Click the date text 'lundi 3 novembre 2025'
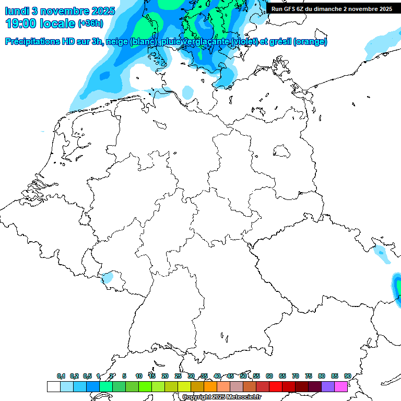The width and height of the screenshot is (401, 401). click(60, 10)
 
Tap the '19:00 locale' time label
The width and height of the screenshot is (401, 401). click(41, 23)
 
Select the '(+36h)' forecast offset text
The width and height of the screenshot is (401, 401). click(90, 23)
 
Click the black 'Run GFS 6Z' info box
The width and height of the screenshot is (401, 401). click(332, 8)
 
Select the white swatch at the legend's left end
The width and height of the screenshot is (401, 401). click(53, 386)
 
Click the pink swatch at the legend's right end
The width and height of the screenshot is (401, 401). click(341, 386)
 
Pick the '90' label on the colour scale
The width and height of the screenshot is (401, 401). click(347, 376)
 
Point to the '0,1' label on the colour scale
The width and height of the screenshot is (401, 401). click(61, 376)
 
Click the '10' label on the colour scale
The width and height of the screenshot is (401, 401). click(139, 376)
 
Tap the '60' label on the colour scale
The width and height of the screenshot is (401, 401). click(269, 376)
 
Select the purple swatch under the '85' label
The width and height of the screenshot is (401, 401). click(328, 386)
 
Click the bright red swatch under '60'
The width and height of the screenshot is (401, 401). click(276, 386)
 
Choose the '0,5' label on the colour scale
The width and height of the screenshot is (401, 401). click(87, 376)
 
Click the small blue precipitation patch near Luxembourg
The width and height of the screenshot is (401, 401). click(108, 277)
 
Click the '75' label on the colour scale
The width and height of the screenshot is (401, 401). click(309, 376)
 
